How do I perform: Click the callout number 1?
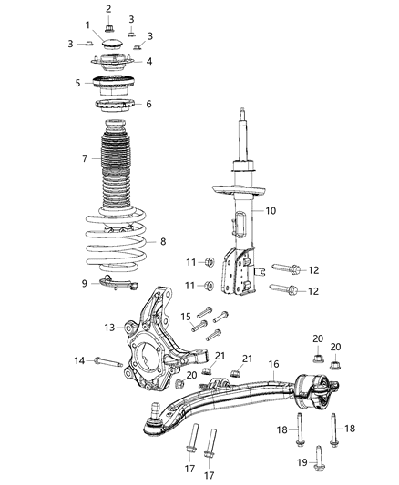click(x=87, y=25)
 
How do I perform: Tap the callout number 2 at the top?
click(x=108, y=9)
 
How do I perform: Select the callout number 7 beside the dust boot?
click(x=85, y=159)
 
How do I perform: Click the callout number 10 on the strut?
click(x=270, y=211)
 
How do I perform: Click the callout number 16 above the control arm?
click(x=272, y=364)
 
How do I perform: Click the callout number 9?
click(x=84, y=283)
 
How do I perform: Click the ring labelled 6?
click(x=115, y=106)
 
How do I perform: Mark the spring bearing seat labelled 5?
click(x=115, y=86)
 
